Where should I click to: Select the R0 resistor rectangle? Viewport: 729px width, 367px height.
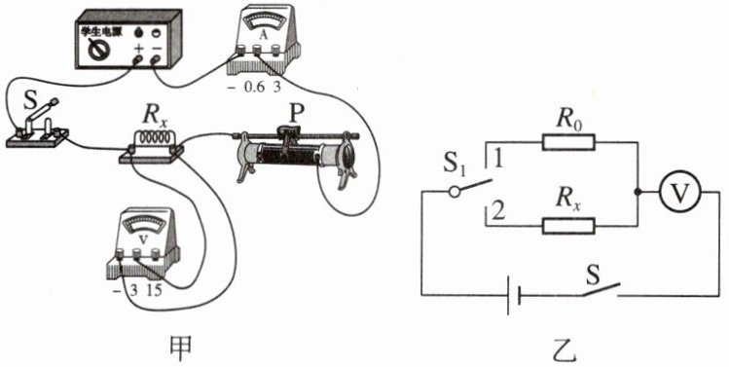tap(568, 142)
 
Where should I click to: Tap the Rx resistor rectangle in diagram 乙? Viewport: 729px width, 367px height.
tap(568, 226)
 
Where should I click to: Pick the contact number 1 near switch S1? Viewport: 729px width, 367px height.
tap(497, 160)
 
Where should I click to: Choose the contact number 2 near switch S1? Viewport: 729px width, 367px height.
tap(498, 212)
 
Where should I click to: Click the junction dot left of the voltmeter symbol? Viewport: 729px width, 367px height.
tap(638, 192)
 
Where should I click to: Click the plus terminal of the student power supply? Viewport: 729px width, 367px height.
tap(137, 59)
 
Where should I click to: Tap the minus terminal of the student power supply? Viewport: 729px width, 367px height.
tap(156, 59)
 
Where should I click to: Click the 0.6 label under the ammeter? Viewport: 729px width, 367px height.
tap(254, 87)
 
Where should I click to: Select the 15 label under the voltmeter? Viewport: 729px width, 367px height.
tap(155, 291)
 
